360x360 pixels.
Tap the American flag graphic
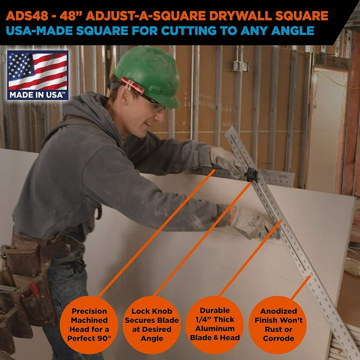pyautogui.click(x=37, y=71)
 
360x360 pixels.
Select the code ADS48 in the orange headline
pyautogui.click(x=27, y=16)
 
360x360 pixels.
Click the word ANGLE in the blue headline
pyautogui.click(x=292, y=31)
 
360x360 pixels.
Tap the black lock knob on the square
pyautogui.click(x=251, y=175)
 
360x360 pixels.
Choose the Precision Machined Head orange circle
pyautogui.click(x=89, y=325)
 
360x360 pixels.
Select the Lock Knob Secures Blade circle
pyautogui.click(x=152, y=325)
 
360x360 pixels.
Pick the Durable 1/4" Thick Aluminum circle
pyautogui.click(x=215, y=325)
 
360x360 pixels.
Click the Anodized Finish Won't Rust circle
pyautogui.click(x=278, y=325)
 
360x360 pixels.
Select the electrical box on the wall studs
pyautogui.click(x=239, y=66)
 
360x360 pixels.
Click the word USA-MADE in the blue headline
pyautogui.click(x=39, y=31)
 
